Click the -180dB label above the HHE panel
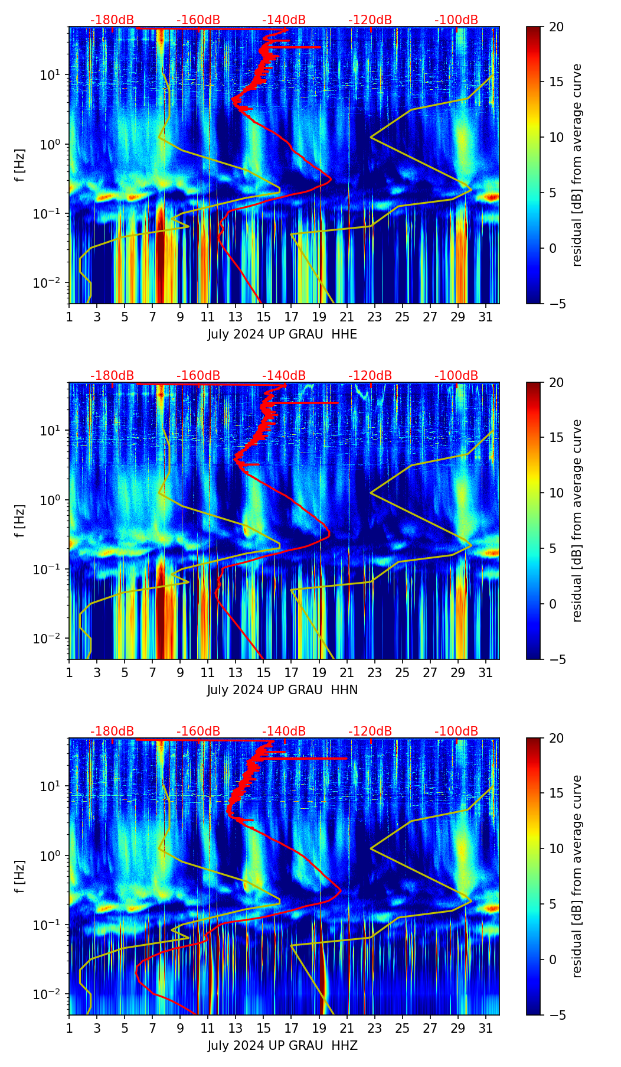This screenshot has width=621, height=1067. click(x=112, y=20)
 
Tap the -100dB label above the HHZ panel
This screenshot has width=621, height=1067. click(x=456, y=731)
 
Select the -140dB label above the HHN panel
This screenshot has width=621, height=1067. click(x=284, y=376)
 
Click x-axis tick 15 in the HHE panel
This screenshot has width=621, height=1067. click(x=263, y=317)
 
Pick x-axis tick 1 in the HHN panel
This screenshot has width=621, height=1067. click(x=70, y=672)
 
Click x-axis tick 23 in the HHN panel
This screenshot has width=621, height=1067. click(x=374, y=672)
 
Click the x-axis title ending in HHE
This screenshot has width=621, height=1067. click(x=282, y=334)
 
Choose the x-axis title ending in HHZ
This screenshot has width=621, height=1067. click(x=282, y=1046)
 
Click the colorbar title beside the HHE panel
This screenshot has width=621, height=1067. click(x=577, y=165)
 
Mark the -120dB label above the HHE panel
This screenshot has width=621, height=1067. click(x=370, y=20)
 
